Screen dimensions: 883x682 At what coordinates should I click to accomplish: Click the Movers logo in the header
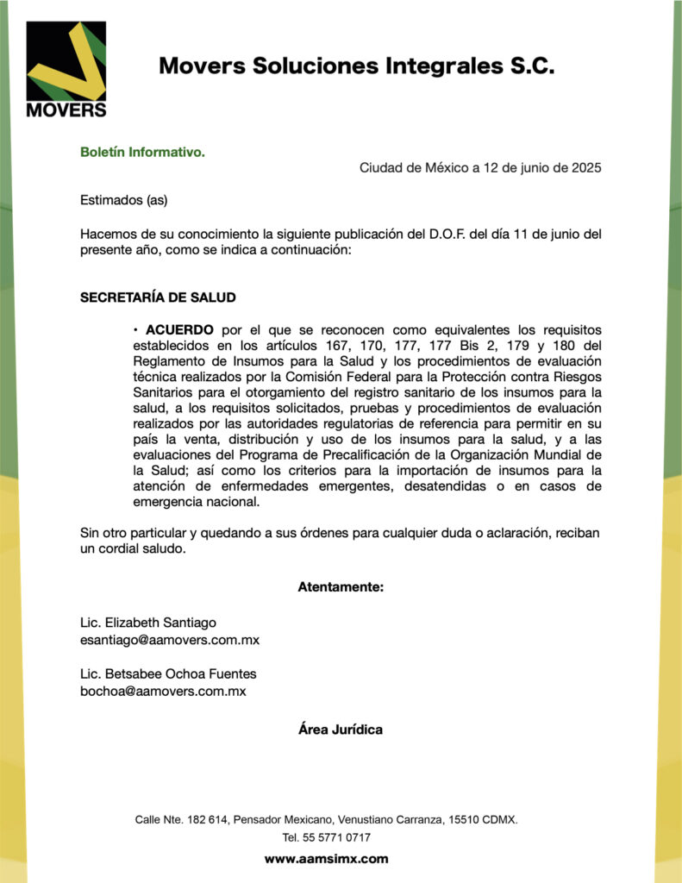pyautogui.click(x=66, y=69)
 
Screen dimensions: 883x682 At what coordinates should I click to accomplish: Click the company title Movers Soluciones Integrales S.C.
pyautogui.click(x=356, y=66)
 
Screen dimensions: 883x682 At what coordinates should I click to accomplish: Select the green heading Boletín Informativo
pyautogui.click(x=142, y=152)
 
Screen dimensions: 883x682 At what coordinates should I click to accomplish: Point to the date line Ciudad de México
pyautogui.click(x=480, y=167)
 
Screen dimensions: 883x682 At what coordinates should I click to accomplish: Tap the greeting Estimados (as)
pyautogui.click(x=123, y=200)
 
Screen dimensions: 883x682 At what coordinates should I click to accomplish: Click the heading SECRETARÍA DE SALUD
pyautogui.click(x=158, y=297)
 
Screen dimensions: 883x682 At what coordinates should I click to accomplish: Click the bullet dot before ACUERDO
pyautogui.click(x=136, y=330)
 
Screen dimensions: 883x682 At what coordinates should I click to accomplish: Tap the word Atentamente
pyautogui.click(x=341, y=587)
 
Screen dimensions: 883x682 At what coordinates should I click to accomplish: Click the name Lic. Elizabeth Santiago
pyautogui.click(x=148, y=623)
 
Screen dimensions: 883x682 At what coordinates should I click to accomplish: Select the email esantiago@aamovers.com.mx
pyautogui.click(x=170, y=640)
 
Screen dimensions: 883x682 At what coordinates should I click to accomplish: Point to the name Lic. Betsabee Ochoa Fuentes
pyautogui.click(x=168, y=673)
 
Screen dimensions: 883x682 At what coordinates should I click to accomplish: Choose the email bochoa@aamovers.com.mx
pyautogui.click(x=163, y=691)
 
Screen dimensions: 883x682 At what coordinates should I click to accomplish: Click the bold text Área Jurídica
pyautogui.click(x=341, y=730)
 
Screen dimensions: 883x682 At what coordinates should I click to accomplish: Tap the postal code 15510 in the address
pyautogui.click(x=461, y=819)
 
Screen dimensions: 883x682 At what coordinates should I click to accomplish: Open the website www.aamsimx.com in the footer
pyautogui.click(x=327, y=859)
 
